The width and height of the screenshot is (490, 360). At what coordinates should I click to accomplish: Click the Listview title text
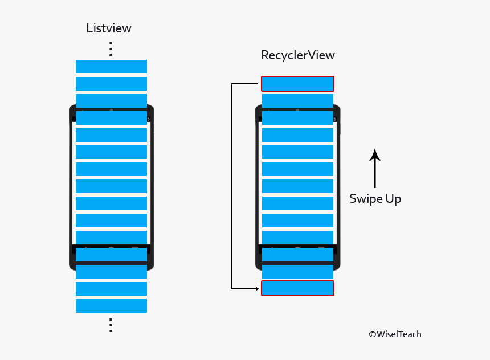point(109,28)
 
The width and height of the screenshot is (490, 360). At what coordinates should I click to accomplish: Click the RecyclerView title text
point(297,55)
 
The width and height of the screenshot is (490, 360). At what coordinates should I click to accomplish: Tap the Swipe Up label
point(375,199)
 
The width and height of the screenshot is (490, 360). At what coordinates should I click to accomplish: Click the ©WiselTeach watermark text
point(395,334)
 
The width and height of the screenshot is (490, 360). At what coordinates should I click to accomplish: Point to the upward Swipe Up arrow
point(374,169)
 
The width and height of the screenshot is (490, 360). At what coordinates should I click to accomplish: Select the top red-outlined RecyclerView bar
point(297,84)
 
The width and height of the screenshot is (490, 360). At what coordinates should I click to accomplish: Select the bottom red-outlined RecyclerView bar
point(297,288)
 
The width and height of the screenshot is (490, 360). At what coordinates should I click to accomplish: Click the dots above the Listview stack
point(111,49)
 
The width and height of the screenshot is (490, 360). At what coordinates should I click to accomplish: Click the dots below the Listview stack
point(111,325)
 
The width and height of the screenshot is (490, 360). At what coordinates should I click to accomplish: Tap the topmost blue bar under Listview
point(111,67)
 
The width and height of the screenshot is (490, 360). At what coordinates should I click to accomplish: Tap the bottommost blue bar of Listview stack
point(111,306)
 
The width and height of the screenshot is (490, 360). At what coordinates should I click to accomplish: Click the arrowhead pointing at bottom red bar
point(257,288)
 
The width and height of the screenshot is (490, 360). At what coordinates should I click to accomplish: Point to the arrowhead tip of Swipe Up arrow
point(374,150)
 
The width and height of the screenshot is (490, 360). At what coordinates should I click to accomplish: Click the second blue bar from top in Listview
point(111,84)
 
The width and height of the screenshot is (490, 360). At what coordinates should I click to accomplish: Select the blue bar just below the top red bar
point(297,101)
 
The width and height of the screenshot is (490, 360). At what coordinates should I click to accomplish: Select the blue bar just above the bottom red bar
point(297,271)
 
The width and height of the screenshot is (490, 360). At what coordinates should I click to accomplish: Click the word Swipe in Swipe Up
point(365,199)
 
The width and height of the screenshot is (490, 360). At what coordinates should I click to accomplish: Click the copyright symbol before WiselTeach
point(372,335)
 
